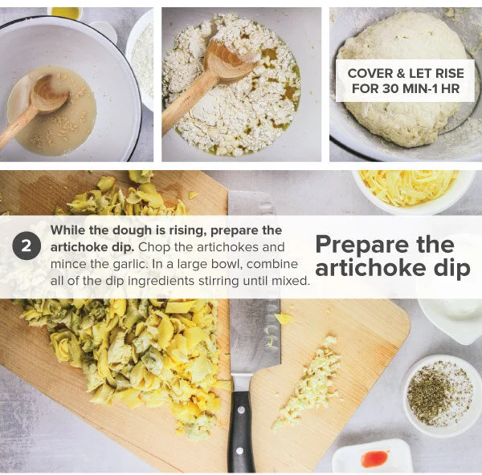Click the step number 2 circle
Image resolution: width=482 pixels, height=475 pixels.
[27, 246]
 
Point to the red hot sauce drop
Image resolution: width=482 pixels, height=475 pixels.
[375, 458]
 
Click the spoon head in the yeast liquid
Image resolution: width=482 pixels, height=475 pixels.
[51, 95]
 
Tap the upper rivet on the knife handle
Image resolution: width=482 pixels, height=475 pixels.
[241, 409]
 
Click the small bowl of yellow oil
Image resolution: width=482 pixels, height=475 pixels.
[66, 13]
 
